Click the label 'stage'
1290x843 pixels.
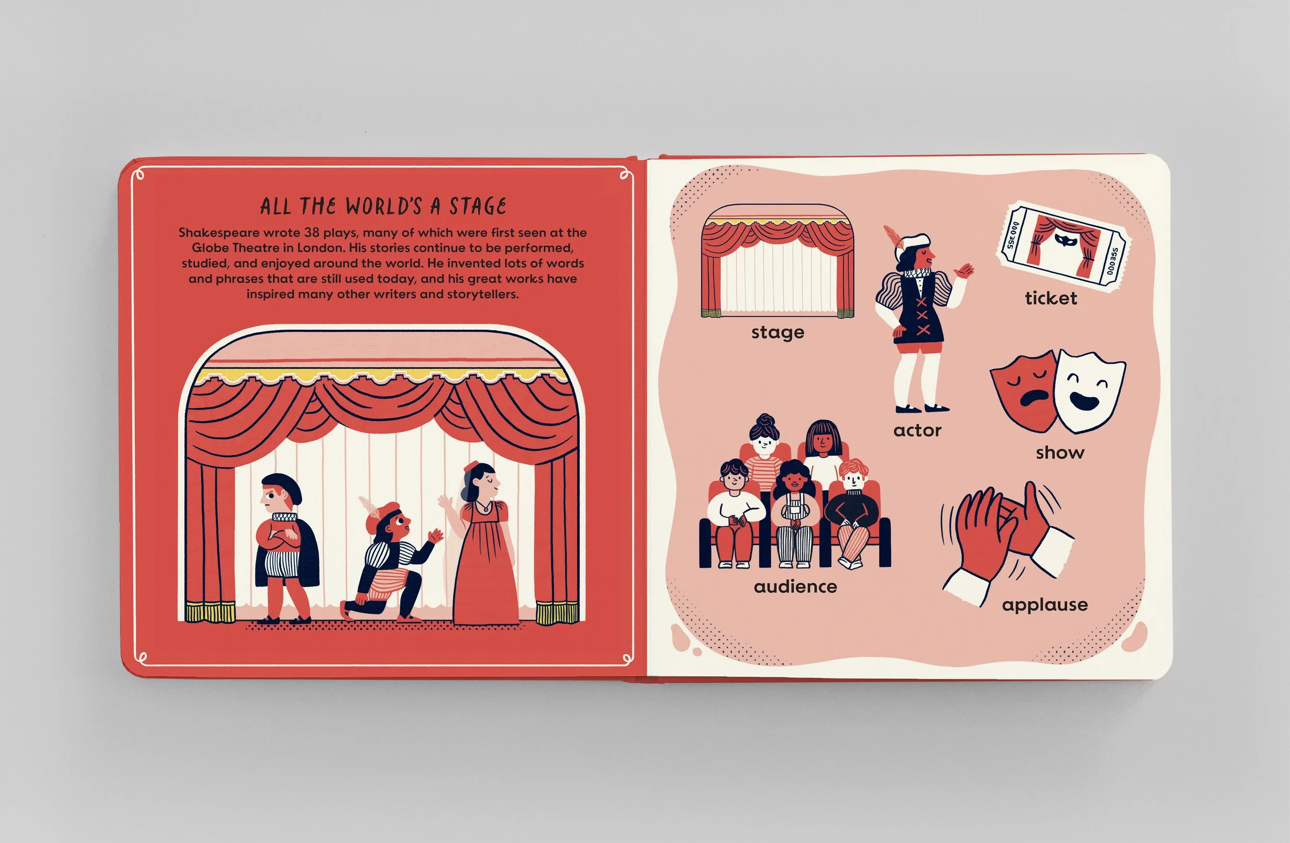777,332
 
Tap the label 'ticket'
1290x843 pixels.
1051,298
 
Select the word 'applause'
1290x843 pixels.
1044,605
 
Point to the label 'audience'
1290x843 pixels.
795,586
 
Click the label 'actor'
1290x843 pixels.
917,430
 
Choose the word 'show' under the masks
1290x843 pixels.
1060,452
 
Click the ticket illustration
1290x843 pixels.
1062,247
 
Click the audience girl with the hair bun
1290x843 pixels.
764,444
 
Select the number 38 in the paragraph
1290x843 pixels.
311,233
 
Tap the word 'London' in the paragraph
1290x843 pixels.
319,248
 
